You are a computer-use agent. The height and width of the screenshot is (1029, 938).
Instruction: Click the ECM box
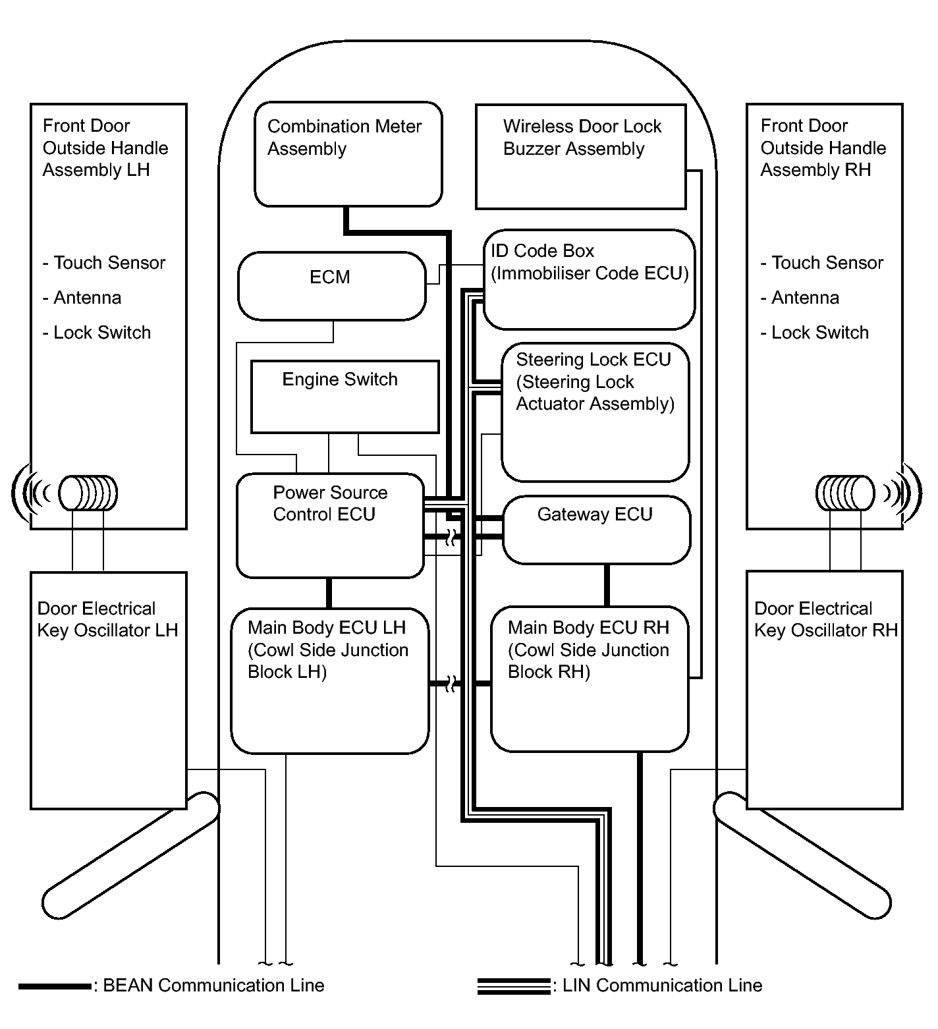331,286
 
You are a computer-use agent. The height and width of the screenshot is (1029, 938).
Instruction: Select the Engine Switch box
345,397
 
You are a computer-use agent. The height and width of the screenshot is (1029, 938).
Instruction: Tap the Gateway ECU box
596,530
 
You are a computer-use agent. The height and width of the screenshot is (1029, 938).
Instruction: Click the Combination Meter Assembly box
348,154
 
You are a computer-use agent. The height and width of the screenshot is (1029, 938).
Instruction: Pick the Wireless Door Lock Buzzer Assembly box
580,156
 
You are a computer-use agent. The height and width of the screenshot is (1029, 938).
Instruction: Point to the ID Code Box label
542,251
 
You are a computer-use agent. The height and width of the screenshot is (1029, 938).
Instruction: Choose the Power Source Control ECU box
330,525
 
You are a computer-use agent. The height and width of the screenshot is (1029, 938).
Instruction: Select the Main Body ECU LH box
329,680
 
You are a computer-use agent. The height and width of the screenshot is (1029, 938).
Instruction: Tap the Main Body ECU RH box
590,679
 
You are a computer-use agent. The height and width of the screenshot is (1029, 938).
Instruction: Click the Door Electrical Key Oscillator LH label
107,619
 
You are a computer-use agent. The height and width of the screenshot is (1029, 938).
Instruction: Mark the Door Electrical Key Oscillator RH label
825,619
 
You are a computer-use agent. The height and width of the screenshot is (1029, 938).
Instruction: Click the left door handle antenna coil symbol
88,493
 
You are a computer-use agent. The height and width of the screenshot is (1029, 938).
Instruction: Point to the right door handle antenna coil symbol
845,493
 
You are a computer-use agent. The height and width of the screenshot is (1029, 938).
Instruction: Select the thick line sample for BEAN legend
55,986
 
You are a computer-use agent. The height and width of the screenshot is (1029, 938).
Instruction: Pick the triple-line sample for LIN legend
513,986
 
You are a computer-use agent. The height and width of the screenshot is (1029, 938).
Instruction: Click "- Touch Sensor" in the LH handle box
104,263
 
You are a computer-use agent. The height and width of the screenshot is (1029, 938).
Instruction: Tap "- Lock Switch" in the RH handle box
815,333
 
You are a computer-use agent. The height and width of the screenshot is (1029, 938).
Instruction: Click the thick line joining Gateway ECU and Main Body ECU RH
607,585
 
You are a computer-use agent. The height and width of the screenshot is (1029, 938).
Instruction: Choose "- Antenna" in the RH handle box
800,298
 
